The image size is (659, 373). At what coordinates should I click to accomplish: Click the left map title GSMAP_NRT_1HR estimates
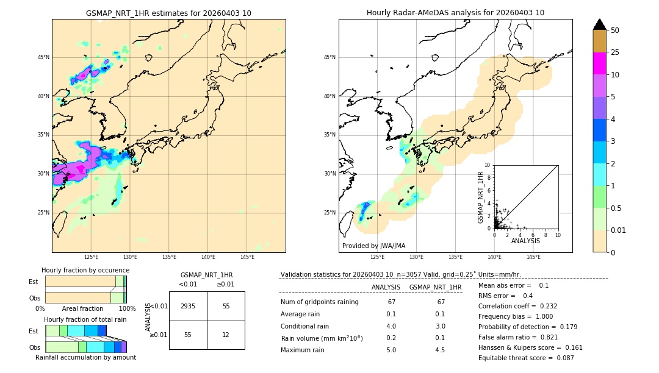(168, 13)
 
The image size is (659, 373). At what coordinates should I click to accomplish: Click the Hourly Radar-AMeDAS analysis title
(455, 13)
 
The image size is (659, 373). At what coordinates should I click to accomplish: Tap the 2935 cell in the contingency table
(188, 306)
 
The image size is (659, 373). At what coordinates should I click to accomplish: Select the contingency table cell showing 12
(226, 335)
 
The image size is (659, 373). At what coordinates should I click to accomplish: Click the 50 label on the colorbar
(615, 30)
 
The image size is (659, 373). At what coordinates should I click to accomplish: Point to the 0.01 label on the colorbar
(618, 230)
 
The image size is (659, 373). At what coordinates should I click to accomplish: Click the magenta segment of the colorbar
(599, 63)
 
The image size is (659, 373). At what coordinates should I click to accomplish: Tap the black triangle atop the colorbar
(599, 24)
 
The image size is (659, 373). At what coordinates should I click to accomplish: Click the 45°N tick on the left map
(43, 57)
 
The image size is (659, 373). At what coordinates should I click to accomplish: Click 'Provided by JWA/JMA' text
(373, 246)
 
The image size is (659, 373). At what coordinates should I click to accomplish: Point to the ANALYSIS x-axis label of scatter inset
(526, 241)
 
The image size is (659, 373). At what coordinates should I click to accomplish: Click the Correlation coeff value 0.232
(544, 306)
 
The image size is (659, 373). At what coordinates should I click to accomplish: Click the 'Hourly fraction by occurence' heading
(85, 270)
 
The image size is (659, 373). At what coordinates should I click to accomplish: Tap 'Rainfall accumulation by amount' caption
(85, 357)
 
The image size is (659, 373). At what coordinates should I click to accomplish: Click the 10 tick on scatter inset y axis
(487, 165)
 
